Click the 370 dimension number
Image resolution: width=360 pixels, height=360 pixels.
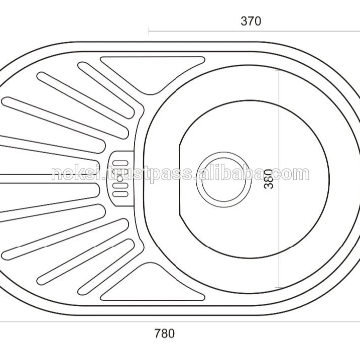point(251,21)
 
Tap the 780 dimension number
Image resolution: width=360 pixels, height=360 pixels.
point(164,333)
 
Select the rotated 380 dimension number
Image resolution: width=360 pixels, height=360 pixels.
point(270,179)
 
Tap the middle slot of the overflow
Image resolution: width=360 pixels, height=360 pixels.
point(121,178)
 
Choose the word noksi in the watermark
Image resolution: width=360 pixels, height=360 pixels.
point(71,174)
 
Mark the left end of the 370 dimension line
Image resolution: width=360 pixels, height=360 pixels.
point(149,31)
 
